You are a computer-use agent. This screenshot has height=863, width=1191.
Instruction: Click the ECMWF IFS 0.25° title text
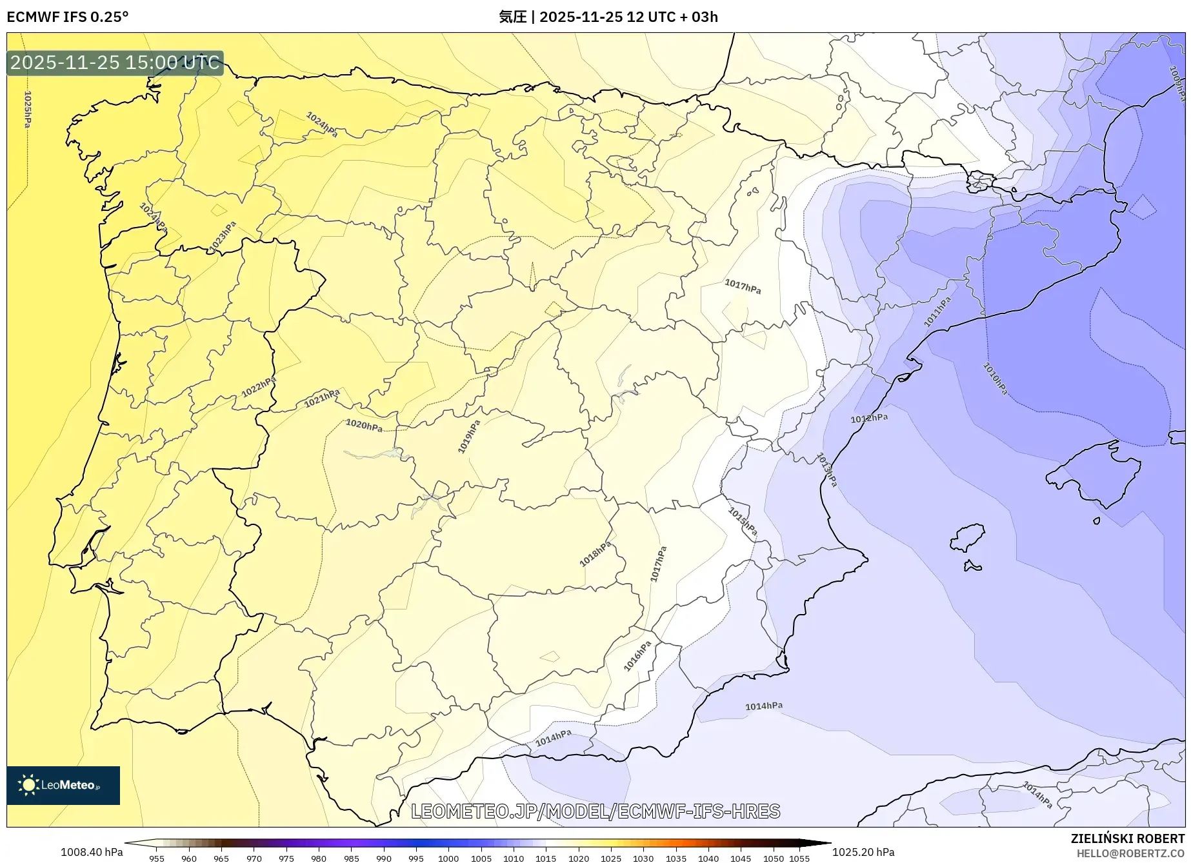pos(68,17)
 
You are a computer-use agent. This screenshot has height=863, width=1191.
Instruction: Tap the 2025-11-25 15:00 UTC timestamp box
pos(115,63)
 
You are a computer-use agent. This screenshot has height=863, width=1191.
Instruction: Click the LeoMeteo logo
pos(63,785)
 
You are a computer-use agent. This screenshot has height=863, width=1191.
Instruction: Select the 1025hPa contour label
pos(27,109)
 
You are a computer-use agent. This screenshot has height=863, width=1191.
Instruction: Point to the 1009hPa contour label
pos(1177,84)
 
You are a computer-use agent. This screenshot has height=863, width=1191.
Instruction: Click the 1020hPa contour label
pos(364,425)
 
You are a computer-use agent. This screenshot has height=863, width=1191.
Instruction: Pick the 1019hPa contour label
pos(469,437)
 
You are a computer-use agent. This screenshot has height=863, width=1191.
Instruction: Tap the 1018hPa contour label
pos(595,554)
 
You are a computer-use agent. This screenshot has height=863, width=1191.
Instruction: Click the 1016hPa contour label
pos(637,656)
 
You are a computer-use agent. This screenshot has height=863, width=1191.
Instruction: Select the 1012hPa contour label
pos(869,419)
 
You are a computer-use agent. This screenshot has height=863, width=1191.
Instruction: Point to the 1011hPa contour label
pos(937,312)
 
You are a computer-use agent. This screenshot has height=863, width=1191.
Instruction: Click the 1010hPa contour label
pos(995,379)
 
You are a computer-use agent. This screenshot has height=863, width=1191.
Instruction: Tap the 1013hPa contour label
pos(826,470)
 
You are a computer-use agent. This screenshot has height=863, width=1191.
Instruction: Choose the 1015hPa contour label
pos(743,522)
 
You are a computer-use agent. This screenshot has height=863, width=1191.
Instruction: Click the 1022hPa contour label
pos(259,387)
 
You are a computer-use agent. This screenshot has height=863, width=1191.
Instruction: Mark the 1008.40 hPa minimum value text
pos(92,852)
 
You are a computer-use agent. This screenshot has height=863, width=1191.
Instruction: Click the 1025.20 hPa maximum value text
pos(863,852)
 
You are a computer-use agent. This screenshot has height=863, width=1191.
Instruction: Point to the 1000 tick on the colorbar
pos(448,858)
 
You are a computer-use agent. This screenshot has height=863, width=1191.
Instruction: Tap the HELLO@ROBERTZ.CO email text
pos(1130,853)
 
